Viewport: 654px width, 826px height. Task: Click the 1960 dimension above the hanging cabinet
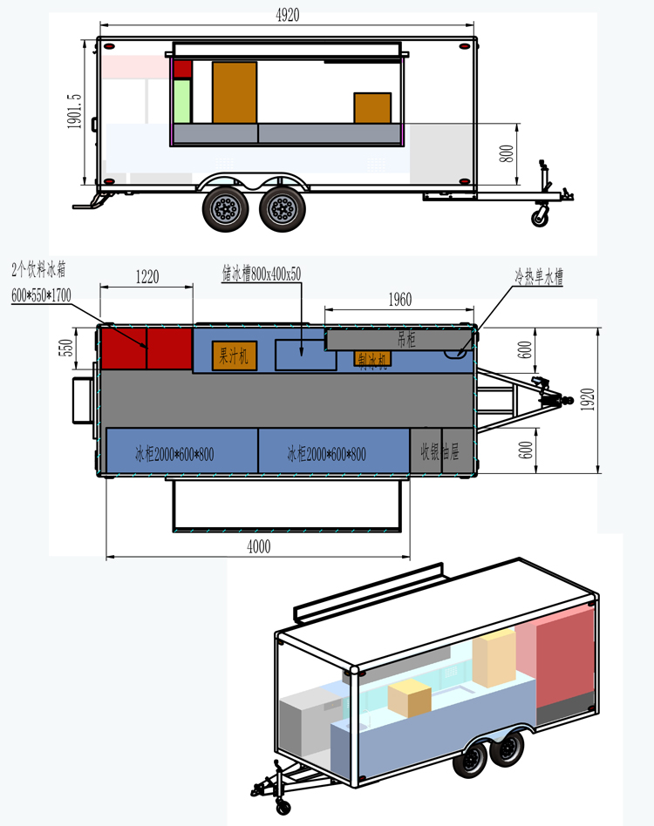point(399,300)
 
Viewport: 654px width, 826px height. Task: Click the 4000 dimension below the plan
point(259,547)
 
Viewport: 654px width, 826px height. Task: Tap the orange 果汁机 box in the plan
point(234,355)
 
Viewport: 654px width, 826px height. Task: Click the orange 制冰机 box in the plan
point(372,359)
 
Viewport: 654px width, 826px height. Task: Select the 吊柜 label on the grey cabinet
point(406,339)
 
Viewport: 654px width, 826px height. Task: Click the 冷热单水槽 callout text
point(538,279)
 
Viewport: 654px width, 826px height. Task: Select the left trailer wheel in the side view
point(226,210)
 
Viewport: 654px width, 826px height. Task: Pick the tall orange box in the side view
point(235,92)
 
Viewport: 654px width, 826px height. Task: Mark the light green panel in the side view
point(182,100)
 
